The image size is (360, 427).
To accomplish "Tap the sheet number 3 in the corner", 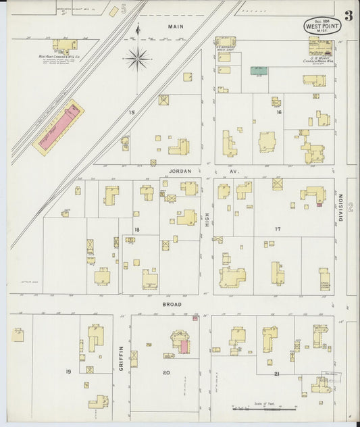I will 348,16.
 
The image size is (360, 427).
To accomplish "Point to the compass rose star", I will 137,59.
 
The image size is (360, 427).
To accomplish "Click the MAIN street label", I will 176,26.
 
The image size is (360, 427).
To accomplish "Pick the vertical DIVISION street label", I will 342,208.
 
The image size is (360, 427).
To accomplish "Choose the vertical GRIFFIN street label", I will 122,357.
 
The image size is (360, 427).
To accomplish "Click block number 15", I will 132,112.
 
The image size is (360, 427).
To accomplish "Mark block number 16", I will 278,112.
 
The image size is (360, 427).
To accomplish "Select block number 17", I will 277,229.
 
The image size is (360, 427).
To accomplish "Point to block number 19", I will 68,372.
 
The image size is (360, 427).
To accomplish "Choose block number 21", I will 277,373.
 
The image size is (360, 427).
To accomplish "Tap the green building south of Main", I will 259,70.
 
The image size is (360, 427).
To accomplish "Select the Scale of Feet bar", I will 265,408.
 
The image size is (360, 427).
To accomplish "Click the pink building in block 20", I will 184,347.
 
